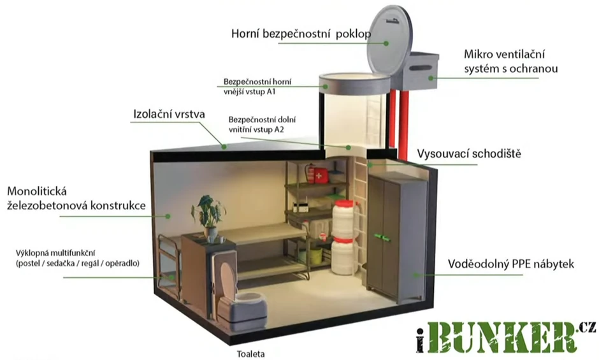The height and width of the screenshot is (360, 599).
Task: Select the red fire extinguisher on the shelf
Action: pos(310,173)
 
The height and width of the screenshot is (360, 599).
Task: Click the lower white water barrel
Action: pos(343,256)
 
